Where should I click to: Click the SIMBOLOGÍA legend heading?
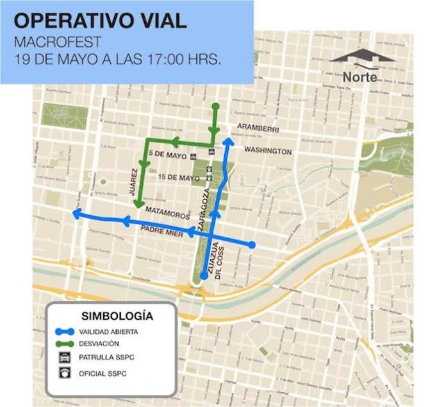118,316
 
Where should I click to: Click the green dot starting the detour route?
216,106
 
